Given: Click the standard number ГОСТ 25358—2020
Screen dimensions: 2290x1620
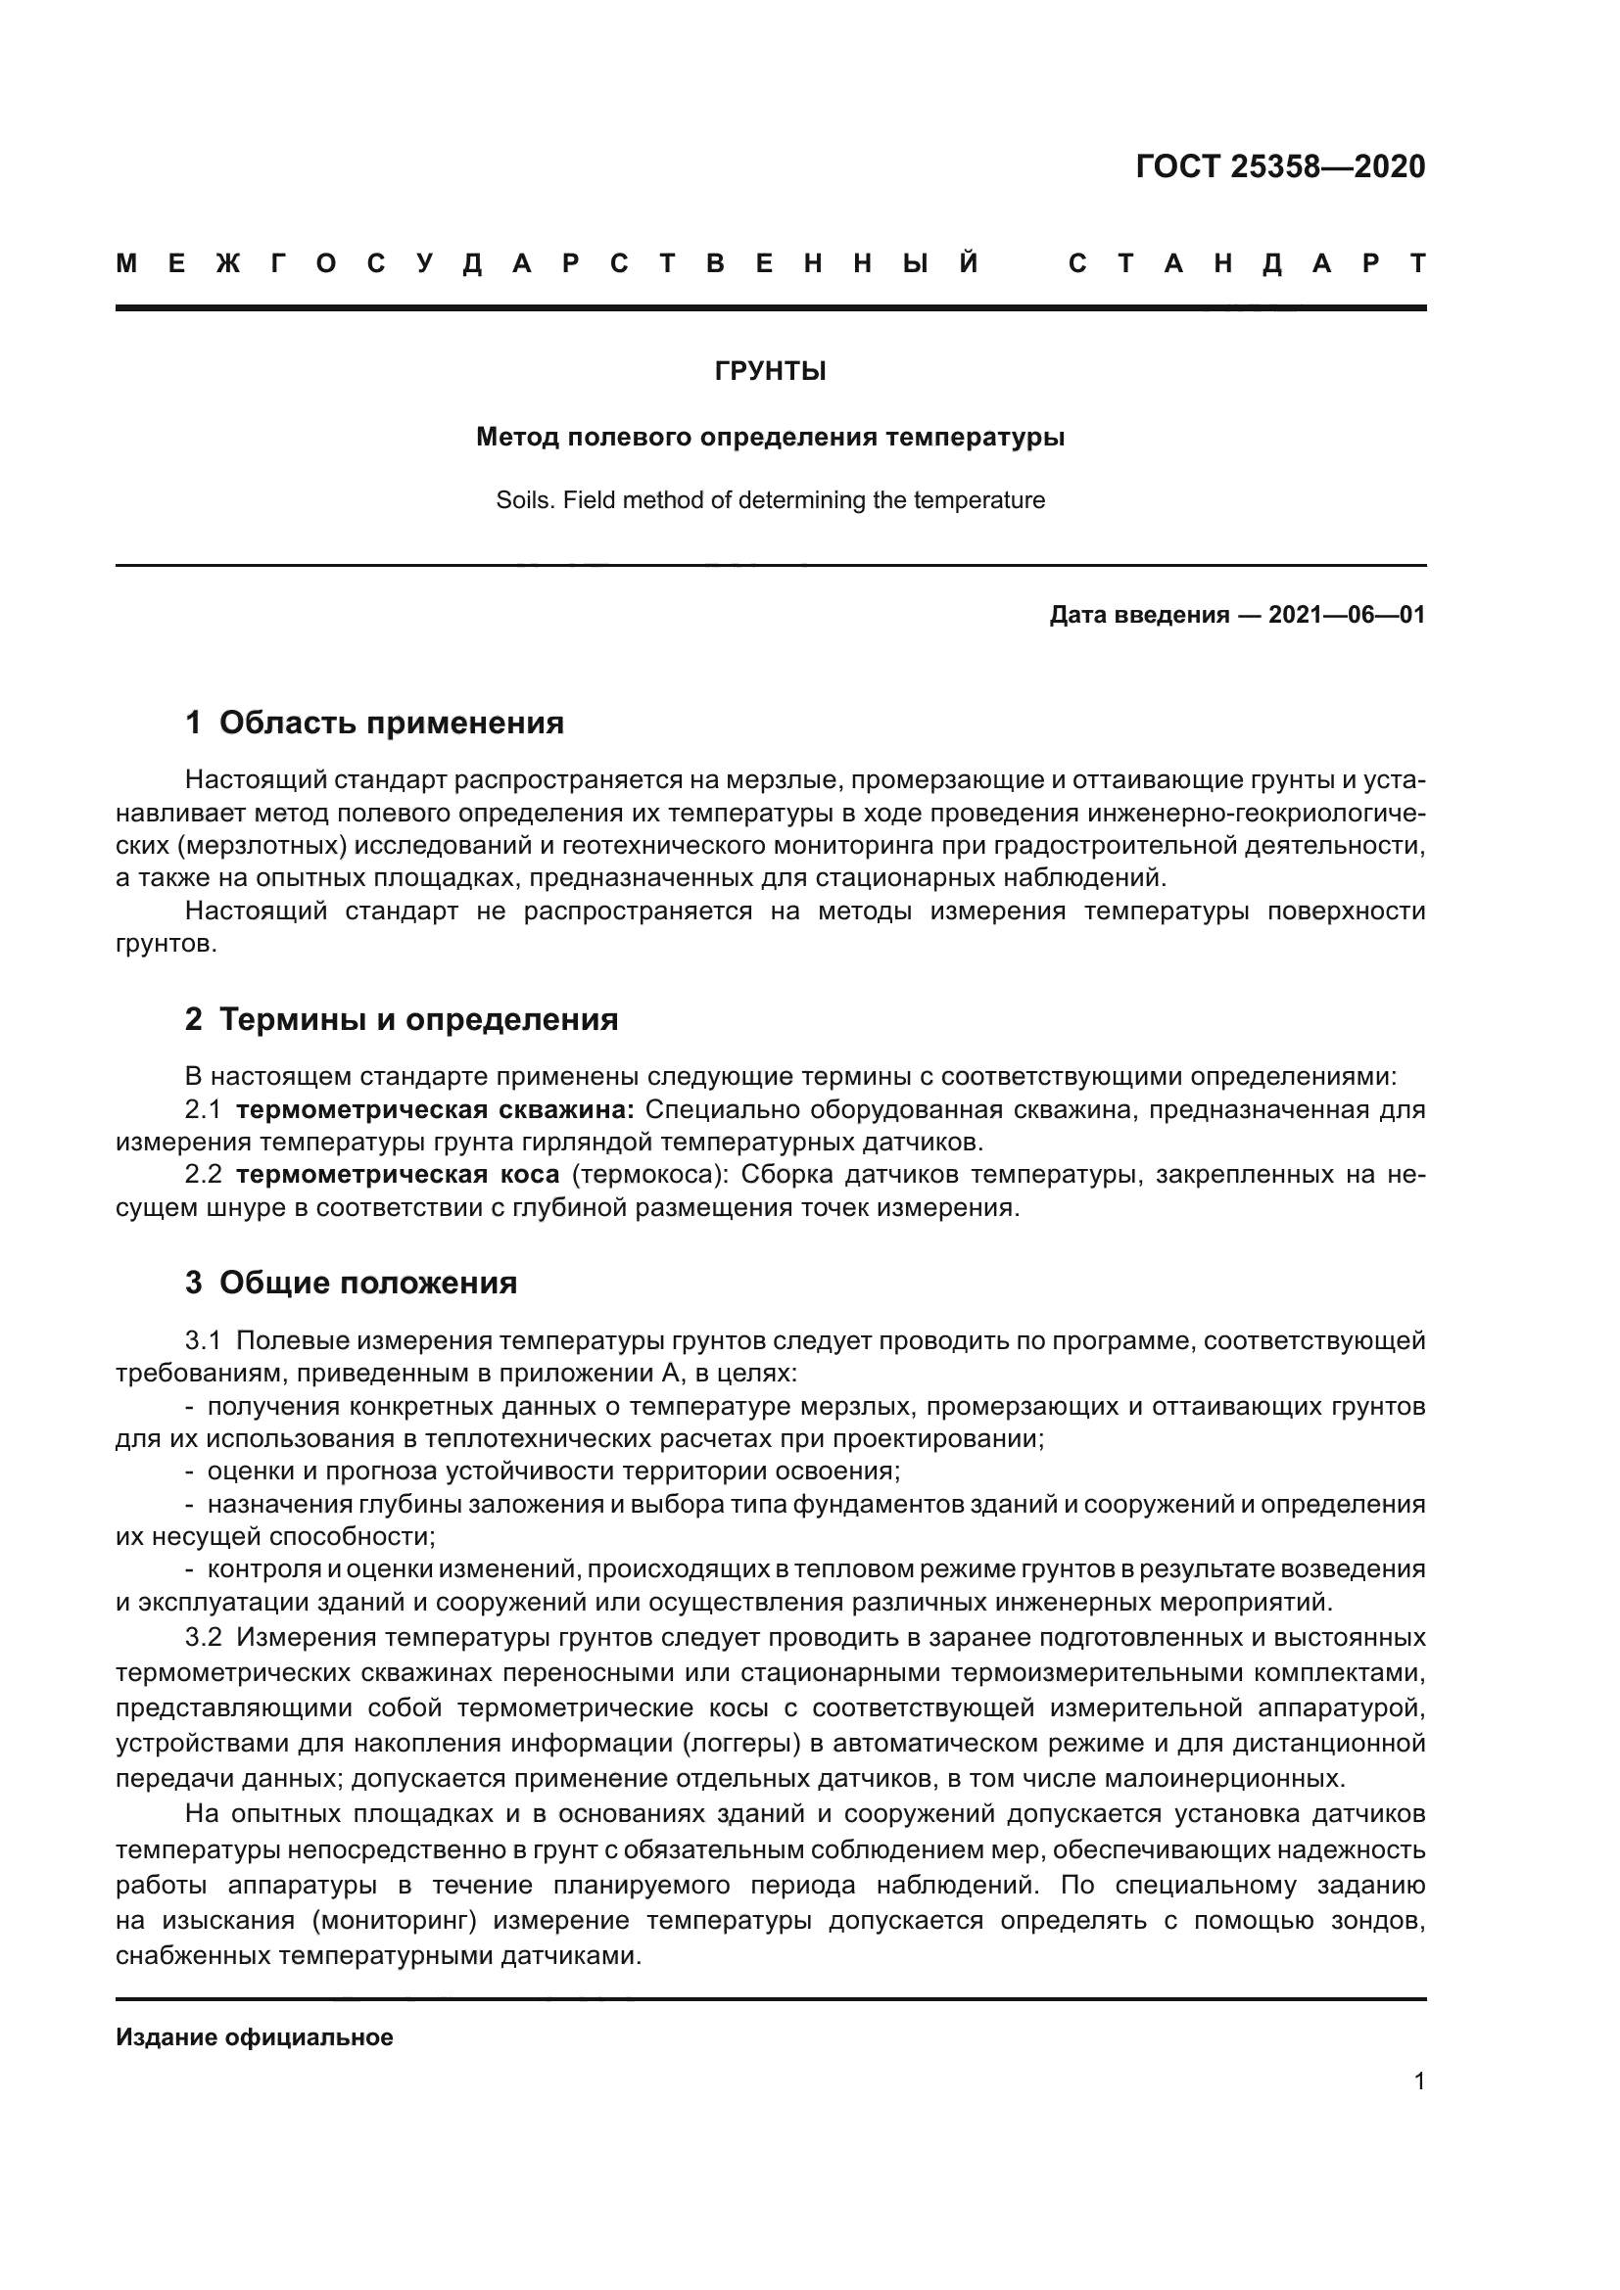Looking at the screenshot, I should pyautogui.click(x=1280, y=166).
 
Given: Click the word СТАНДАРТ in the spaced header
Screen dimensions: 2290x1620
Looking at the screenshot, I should pyautogui.click(x=1247, y=264).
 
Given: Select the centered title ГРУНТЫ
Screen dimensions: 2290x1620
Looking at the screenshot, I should pyautogui.click(x=770, y=372).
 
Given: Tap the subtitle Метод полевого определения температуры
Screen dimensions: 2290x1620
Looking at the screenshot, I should pyautogui.click(x=770, y=437).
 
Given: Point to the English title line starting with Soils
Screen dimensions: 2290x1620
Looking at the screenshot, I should pyautogui.click(x=770, y=500).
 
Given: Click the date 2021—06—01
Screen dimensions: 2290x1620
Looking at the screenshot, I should pyautogui.click(x=1347, y=615).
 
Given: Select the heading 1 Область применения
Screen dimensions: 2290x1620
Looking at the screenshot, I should pyautogui.click(x=374, y=724).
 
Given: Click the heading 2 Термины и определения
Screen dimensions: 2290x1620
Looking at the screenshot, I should pyautogui.click(x=401, y=1019).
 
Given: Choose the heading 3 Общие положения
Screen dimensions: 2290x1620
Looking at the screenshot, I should pyautogui.click(x=352, y=1283).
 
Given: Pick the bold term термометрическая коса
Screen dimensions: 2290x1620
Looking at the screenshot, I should pyautogui.click(x=397, y=1175).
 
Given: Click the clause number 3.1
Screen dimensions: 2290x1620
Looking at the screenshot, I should pyautogui.click(x=203, y=1340).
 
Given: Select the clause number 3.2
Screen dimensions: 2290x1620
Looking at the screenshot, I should pyautogui.click(x=203, y=1637).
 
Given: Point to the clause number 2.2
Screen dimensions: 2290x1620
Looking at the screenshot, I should pyautogui.click(x=203, y=1175).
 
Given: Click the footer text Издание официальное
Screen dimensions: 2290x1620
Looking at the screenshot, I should pyautogui.click(x=255, y=2037).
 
